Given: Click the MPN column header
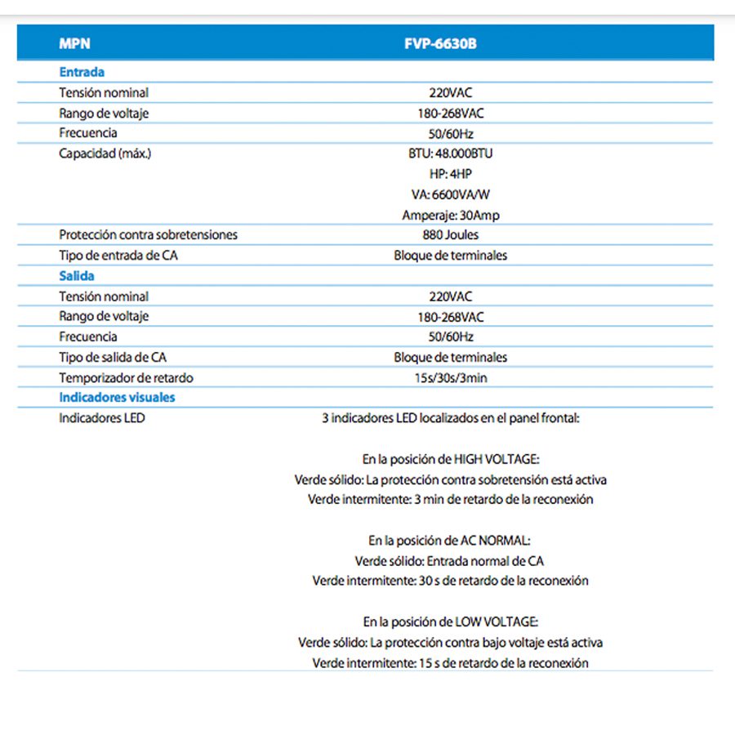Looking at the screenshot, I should point(74,44).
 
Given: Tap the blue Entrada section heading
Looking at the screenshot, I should point(82,72).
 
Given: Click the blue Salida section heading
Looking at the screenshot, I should point(77,276).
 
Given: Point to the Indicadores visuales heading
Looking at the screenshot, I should point(117,398).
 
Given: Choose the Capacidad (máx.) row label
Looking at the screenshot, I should point(105,154).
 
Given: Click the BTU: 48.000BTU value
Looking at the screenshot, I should point(451,154).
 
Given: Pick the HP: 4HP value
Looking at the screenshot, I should point(451,174).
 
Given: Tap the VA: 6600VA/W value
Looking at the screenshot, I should point(451,194).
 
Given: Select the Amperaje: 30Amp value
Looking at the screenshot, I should point(451,215).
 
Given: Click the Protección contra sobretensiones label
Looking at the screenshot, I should point(148,235).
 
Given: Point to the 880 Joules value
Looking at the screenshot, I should point(451,235).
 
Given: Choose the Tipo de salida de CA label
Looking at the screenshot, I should point(113,357).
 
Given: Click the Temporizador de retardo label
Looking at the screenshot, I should point(126,378).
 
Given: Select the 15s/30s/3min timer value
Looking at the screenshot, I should point(451,378).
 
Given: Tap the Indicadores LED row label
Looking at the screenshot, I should point(102,418).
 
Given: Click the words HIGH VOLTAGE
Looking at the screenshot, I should point(497,460).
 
